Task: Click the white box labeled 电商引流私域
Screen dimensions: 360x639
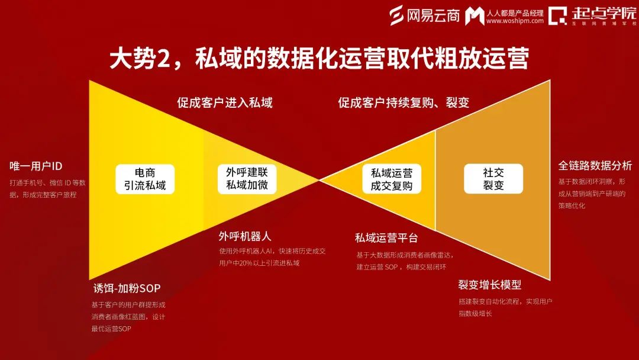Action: pyautogui.click(x=145, y=179)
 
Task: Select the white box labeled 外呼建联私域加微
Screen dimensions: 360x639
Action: pyautogui.click(x=247, y=179)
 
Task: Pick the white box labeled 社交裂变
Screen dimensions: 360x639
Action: pyautogui.click(x=493, y=179)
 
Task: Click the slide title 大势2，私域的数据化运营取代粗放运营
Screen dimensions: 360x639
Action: pyautogui.click(x=319, y=59)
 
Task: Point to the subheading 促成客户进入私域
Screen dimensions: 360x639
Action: pyautogui.click(x=225, y=102)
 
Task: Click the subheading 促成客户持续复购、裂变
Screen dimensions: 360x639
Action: pyautogui.click(x=404, y=102)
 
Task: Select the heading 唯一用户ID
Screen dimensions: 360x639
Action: pyautogui.click(x=36, y=165)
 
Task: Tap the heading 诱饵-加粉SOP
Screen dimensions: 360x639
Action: pyautogui.click(x=127, y=289)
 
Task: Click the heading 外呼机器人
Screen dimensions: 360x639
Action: pyautogui.click(x=245, y=236)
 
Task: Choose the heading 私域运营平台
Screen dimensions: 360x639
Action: pyautogui.click(x=386, y=238)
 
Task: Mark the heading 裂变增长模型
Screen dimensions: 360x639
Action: pyautogui.click(x=489, y=285)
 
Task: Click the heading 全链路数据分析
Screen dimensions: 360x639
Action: pyautogui.click(x=595, y=165)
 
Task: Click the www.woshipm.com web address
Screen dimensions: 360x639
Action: pyautogui.click(x=515, y=21)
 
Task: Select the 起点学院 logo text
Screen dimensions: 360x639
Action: pyautogui.click(x=604, y=13)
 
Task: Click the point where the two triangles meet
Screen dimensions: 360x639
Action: pyautogui.click(x=319, y=179)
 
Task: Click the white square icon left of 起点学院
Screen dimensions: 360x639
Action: pyautogui.click(x=557, y=16)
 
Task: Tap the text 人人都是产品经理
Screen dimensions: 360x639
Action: pyautogui.click(x=515, y=12)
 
